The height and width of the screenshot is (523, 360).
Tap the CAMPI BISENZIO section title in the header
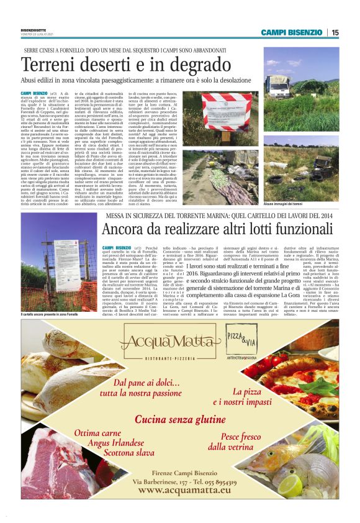291,32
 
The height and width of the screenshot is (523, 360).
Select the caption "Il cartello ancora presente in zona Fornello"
57,316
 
